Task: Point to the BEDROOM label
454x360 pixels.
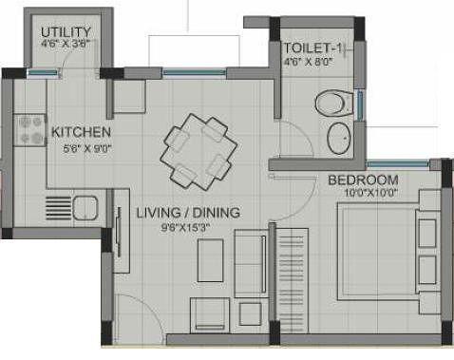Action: click(x=363, y=180)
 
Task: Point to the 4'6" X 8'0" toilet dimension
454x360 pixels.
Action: click(x=310, y=64)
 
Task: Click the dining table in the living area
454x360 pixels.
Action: click(x=197, y=152)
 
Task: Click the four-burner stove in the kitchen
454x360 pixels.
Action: click(x=30, y=129)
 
